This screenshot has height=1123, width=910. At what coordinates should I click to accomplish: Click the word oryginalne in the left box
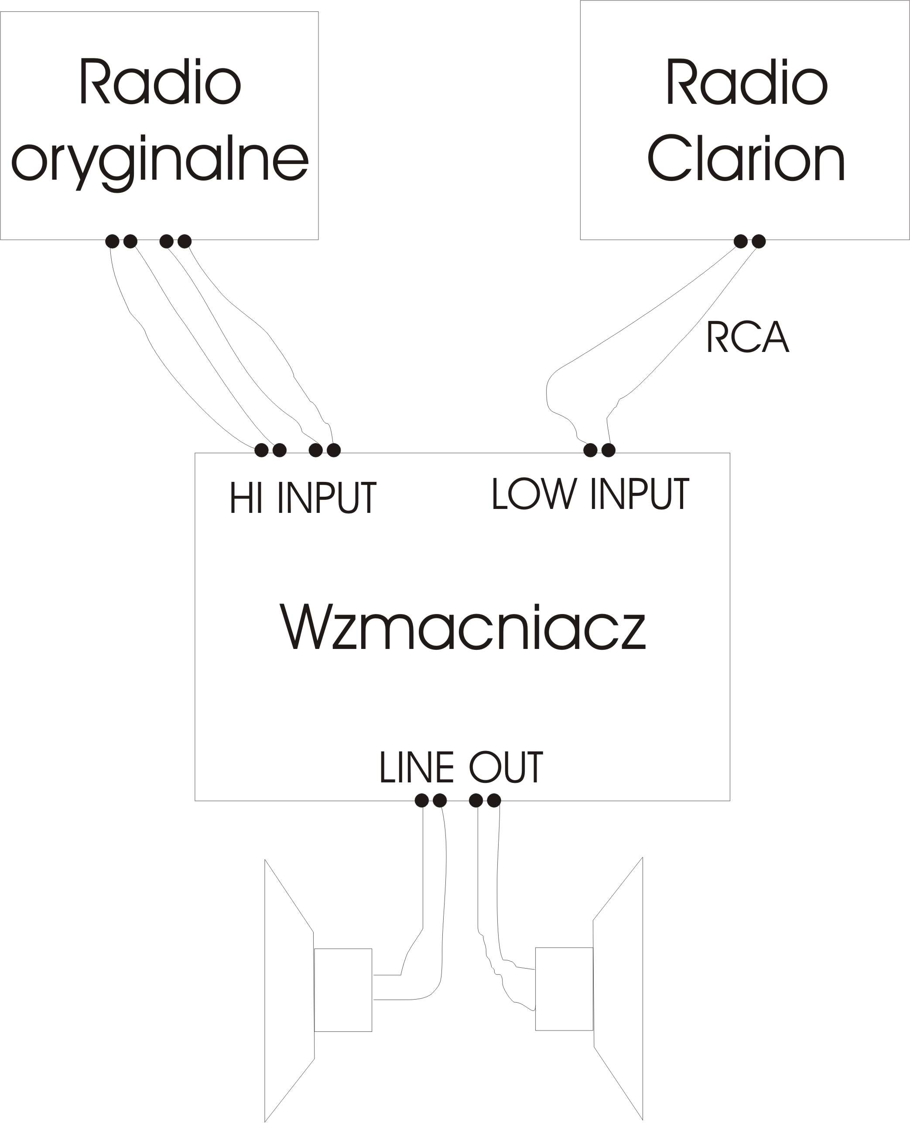160,159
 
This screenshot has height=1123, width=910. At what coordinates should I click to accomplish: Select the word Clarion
746,158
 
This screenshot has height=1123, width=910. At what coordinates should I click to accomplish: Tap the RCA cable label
748,337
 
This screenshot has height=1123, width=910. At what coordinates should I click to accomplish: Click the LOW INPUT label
590,494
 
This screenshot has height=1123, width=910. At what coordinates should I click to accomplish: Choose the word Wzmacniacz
463,627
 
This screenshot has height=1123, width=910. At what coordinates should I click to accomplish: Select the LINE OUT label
461,768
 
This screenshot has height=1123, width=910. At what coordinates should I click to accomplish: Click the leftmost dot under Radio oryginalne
112,241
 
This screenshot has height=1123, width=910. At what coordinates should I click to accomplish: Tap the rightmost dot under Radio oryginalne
185,241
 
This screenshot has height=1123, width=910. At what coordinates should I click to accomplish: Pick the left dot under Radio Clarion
741,241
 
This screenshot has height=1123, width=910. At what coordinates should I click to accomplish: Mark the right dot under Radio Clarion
759,241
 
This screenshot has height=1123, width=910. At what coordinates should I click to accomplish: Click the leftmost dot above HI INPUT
261,450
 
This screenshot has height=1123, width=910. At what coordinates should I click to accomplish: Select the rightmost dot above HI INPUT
333,450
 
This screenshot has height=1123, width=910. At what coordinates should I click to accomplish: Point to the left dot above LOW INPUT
590,450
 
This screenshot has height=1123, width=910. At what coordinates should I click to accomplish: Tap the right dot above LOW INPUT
608,450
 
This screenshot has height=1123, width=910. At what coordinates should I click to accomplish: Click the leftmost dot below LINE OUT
421,800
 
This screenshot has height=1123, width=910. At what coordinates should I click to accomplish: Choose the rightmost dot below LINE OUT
494,800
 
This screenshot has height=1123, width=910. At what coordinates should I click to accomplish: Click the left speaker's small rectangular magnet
343,990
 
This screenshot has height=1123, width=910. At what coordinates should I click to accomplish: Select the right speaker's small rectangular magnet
564,988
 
